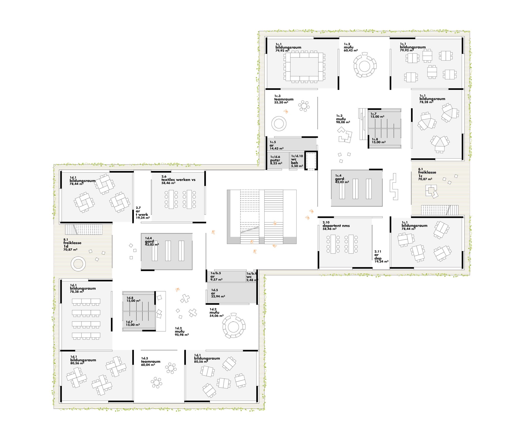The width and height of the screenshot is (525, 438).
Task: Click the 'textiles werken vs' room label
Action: point(178,180)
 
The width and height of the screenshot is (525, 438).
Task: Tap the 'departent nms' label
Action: point(336,226)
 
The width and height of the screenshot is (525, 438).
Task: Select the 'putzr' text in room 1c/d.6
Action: point(275,160)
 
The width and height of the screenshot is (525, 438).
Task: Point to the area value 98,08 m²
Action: point(343,122)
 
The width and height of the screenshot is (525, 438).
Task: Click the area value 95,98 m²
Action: point(182,335)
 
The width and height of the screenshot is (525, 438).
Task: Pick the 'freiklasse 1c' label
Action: point(427,174)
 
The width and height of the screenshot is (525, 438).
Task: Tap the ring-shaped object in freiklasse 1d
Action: point(78,264)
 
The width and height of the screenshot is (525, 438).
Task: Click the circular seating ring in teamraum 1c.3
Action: point(279,124)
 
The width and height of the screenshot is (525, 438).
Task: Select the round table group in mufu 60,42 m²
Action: point(365,65)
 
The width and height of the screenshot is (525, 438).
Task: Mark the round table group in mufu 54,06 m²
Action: point(234,325)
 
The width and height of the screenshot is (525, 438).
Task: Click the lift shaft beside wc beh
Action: point(311,161)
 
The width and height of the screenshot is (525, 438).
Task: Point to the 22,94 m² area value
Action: point(218,296)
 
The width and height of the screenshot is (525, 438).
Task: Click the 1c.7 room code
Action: point(373,114)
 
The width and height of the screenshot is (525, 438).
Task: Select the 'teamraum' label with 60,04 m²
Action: point(151,362)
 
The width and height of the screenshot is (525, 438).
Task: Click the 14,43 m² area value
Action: point(277,149)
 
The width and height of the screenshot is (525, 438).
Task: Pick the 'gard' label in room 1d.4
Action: point(149,241)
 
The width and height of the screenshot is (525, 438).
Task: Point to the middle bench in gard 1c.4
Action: point(355,189)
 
